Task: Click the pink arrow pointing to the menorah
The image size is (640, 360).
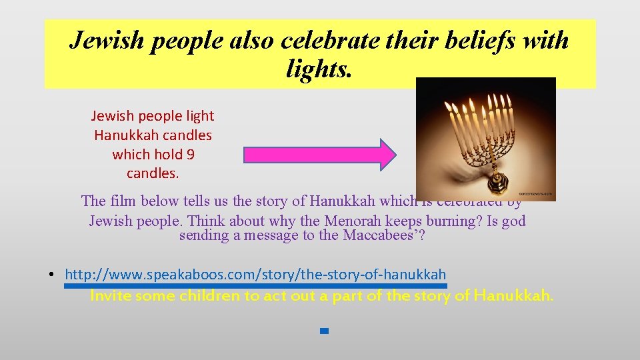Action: pyautogui.click(x=320, y=155)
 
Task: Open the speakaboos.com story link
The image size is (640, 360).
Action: pyautogui.click(x=255, y=275)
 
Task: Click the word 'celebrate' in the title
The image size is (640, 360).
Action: pyautogui.click(x=335, y=41)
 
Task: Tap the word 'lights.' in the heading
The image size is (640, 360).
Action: pyautogui.click(x=319, y=68)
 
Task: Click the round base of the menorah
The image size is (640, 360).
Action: pyautogui.click(x=496, y=182)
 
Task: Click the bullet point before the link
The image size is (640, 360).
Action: pyautogui.click(x=51, y=275)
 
